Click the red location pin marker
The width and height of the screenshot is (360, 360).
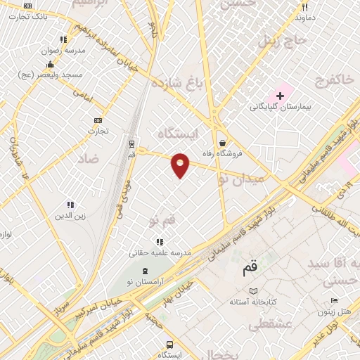point(181,165)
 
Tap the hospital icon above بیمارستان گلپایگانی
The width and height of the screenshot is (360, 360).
point(280,95)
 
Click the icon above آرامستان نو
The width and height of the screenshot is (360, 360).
point(145,271)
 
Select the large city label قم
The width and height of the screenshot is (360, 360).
point(250,268)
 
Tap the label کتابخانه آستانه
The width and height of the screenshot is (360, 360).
point(253,302)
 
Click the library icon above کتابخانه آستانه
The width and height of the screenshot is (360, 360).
point(254,291)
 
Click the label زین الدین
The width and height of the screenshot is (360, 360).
point(70,216)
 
